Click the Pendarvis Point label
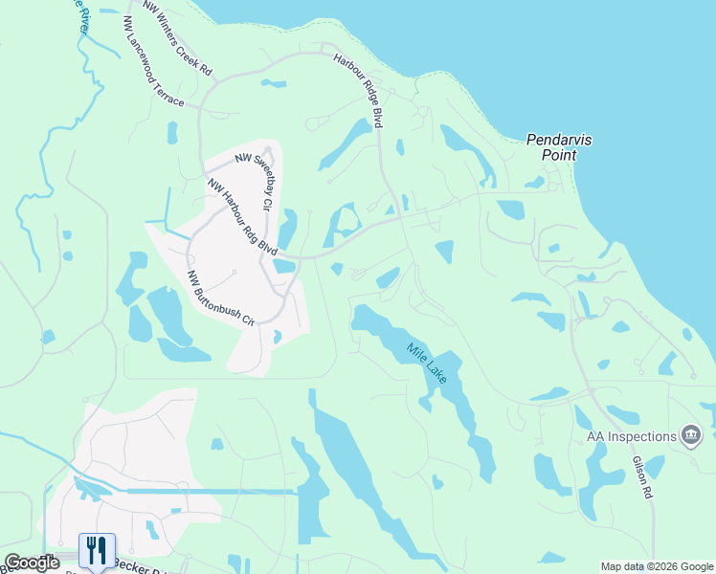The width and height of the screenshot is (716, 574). [560, 146]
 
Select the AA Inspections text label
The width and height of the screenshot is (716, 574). [631, 436]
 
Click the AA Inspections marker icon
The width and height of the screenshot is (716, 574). [689, 436]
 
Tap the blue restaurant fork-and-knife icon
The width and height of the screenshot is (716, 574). [97, 550]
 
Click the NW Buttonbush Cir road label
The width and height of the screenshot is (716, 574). [221, 298]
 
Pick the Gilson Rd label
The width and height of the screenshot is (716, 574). [642, 475]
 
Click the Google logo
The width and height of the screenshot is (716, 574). [32, 563]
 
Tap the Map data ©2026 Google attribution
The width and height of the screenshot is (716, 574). [657, 566]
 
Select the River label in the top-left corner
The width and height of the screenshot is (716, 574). [80, 18]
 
